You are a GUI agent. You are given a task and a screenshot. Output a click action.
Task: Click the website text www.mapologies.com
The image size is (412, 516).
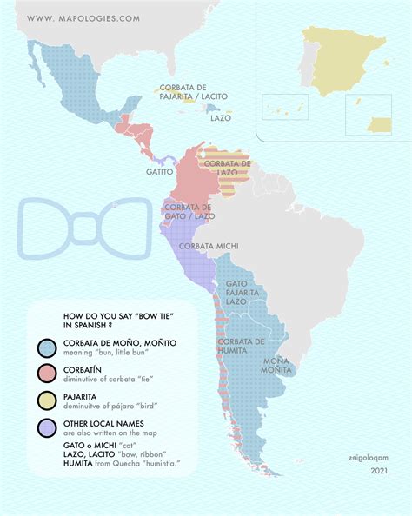coord(83,17)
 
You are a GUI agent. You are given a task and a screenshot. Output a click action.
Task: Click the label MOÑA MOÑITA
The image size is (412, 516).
coord(277,366)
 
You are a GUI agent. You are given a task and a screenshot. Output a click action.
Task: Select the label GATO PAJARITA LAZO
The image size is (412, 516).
coord(243,292)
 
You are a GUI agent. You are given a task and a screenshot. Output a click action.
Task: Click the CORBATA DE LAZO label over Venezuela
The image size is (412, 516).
coord(228,169)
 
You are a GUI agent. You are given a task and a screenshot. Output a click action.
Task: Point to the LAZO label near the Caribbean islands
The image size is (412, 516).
coord(221,118)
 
